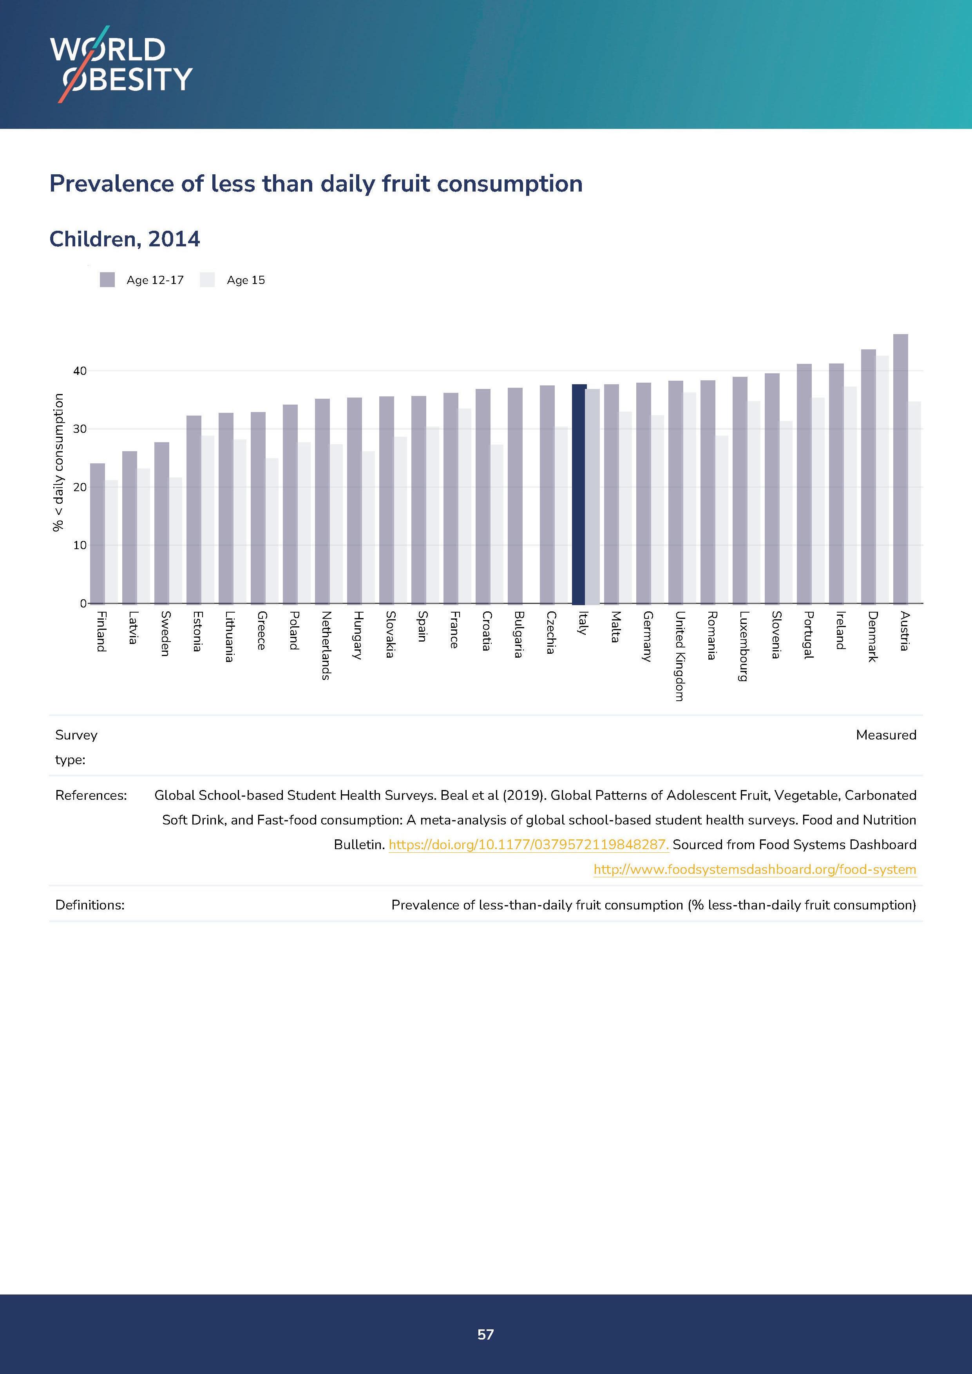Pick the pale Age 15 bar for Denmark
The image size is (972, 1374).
[882, 479]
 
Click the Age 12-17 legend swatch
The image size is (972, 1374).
[107, 280]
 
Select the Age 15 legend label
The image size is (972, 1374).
[245, 280]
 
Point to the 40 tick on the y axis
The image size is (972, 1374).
[80, 371]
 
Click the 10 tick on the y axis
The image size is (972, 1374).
[80, 545]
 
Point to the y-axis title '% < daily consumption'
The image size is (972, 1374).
[58, 462]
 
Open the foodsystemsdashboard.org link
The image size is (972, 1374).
[754, 870]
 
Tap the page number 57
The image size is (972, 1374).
[485, 1334]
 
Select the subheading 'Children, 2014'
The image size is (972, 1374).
[125, 239]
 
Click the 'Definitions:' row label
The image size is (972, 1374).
[90, 905]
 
